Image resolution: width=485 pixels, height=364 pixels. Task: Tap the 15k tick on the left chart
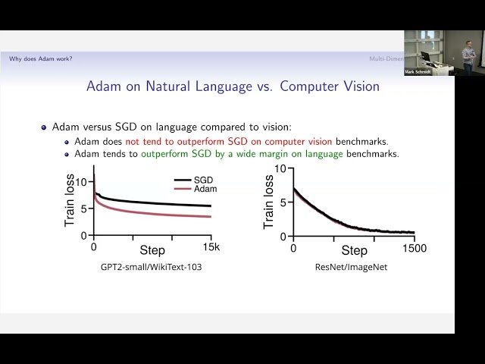click(211, 247)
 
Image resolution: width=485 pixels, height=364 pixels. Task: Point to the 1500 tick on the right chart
click(414, 248)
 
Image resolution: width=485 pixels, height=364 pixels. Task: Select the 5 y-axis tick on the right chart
click(282, 202)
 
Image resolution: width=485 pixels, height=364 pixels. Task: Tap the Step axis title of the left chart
click(152, 249)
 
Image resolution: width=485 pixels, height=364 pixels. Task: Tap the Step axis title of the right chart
click(354, 250)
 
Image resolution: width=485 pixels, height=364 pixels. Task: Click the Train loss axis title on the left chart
click(70, 202)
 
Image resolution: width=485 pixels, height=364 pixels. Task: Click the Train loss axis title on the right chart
click(268, 202)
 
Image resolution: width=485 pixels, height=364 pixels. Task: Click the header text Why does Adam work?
click(41, 58)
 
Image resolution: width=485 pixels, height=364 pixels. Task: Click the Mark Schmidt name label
click(419, 72)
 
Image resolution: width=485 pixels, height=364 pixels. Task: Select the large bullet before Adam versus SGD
click(45, 128)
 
